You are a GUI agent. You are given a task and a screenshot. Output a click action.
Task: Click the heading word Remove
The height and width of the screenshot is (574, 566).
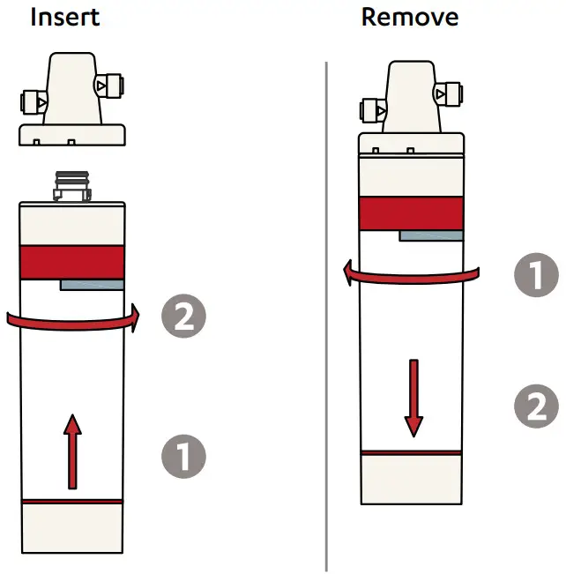pos(409,17)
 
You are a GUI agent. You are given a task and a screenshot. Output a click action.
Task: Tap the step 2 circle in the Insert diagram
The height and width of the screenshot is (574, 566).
pos(183,317)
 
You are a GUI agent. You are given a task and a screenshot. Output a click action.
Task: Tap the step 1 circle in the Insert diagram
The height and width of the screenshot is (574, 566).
pos(183,457)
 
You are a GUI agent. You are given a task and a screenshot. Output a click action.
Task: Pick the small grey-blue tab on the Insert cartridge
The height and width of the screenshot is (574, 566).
pos(91,285)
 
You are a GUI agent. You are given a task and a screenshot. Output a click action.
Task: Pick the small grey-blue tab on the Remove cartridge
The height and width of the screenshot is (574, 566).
pos(430,235)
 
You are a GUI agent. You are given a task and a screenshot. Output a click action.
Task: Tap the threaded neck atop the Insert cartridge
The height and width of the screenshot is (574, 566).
pos(71,188)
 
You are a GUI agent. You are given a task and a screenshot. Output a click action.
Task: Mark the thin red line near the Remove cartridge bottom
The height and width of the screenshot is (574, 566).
pos(412,452)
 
